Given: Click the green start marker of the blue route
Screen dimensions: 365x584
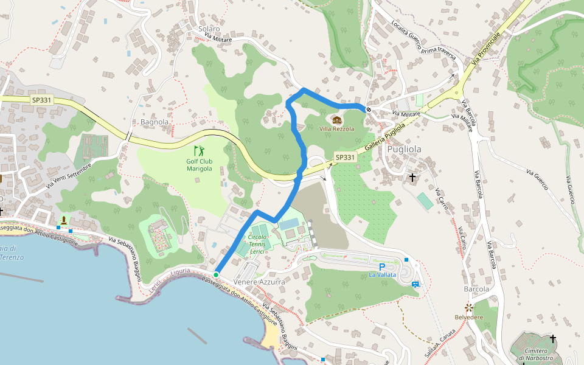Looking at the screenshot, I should click(x=215, y=274).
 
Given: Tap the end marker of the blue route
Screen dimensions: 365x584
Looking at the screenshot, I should click(x=369, y=109).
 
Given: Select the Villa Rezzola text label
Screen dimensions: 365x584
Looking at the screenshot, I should click(x=336, y=129).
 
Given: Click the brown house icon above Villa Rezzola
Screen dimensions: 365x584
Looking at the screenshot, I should click(x=336, y=120).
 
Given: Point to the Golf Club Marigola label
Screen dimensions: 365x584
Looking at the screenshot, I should click(x=200, y=165).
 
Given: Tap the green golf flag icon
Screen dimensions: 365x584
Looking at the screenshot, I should click(x=199, y=150).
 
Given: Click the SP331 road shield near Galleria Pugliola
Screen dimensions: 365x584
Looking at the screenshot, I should click(x=345, y=158).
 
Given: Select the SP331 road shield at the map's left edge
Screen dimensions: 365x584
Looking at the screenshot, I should click(x=42, y=99).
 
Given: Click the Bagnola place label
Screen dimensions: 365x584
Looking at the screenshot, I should click(x=154, y=122).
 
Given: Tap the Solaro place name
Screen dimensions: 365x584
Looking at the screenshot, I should click(x=209, y=29).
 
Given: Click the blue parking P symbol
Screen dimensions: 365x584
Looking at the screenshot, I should click(x=382, y=266).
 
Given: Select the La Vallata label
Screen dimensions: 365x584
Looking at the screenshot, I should click(x=382, y=275).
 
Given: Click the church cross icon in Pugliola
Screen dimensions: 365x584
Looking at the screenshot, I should click(x=413, y=178).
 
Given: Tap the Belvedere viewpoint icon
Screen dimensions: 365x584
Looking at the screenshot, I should click(x=468, y=308).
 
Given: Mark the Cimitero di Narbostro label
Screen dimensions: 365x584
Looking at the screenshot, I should click(x=535, y=355).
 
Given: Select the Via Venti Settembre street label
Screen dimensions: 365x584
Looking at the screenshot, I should click(x=70, y=176).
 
